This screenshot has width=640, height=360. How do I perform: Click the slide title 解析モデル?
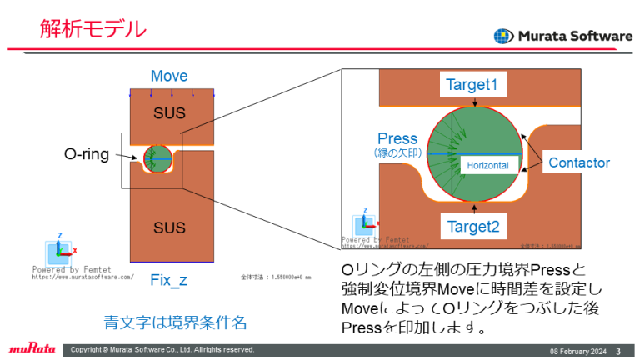pos(93,29)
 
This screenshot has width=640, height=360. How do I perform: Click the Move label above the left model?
pos(169,77)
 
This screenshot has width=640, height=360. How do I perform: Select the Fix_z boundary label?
pos(168,280)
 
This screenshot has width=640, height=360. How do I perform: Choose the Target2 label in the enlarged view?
pos(472,225)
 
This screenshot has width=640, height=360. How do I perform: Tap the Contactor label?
pos(579,163)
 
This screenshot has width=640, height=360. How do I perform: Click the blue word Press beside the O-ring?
pos(397,138)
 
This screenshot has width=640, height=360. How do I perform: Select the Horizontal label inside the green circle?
pos(487,166)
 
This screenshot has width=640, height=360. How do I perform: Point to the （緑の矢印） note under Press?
pos(397,153)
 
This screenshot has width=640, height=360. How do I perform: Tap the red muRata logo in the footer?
pos(32,349)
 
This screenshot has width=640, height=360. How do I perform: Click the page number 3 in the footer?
pos(617,350)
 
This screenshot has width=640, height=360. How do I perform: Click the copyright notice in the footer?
pos(162,349)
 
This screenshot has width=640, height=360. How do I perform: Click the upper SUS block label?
pos(169,112)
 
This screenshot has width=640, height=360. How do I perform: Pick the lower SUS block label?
pos(169,227)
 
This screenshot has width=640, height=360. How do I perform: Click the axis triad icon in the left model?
pos(60,249)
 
